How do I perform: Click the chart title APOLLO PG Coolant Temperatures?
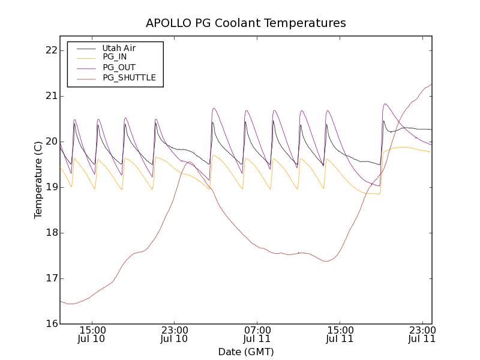click(246, 23)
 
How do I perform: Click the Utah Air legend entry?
click(119, 48)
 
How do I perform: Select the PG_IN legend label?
click(115, 57)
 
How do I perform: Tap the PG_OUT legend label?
click(119, 67)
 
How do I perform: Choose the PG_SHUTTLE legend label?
click(129, 77)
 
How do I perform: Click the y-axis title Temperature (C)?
click(38, 179)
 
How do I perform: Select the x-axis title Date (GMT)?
click(246, 352)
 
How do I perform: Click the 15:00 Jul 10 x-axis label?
click(92, 335)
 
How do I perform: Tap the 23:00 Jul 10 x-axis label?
click(175, 335)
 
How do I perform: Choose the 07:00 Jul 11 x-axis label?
click(257, 335)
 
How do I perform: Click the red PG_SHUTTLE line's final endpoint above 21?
click(431, 84)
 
